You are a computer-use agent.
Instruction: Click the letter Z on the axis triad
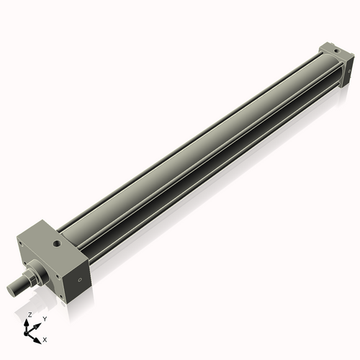(x=30, y=315)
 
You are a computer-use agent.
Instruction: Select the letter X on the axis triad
(x=45, y=338)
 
